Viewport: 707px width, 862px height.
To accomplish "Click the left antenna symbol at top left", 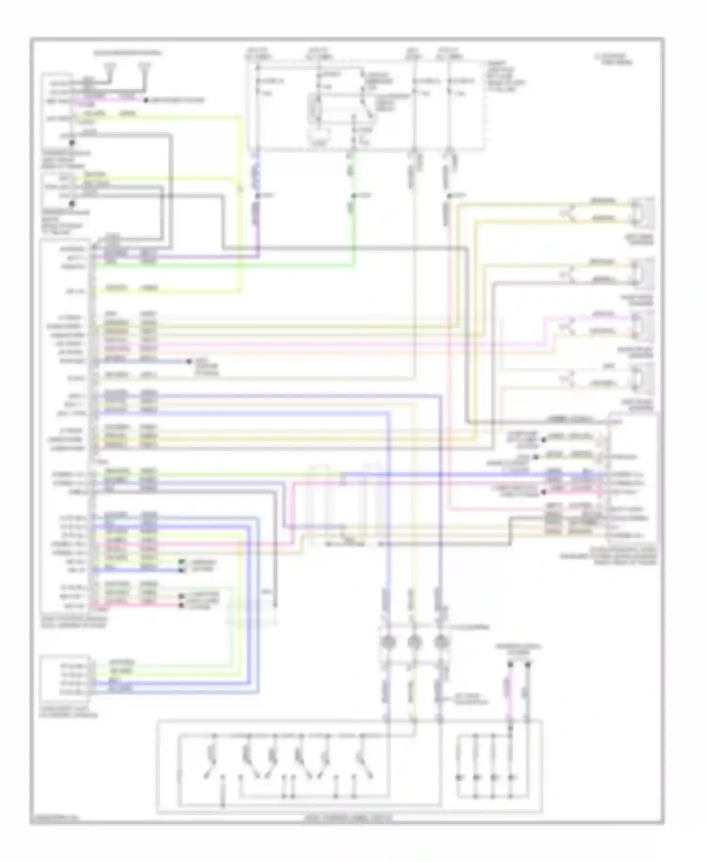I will coord(110,67).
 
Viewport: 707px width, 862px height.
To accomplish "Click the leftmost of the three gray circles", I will coord(387,642).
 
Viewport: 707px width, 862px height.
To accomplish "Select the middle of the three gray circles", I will coord(413,642).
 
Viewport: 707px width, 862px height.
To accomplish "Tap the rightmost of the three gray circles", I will coord(440,642).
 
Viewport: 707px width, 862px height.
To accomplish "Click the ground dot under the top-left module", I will coord(72,143).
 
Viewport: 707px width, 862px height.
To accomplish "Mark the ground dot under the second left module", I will coord(72,204).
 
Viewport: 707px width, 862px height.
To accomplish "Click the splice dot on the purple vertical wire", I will coord(258,196).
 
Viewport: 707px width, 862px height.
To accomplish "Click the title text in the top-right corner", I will coord(613,59).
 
